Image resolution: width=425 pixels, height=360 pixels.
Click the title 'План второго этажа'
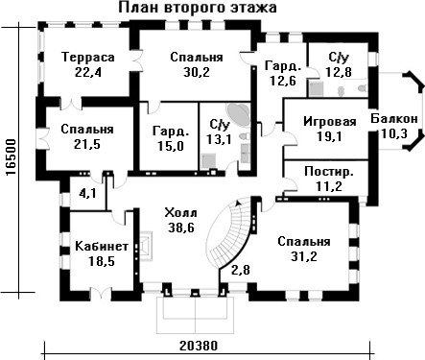point(198,8)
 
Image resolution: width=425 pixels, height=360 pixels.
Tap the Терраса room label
point(88,58)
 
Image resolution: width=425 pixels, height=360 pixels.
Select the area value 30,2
point(197,72)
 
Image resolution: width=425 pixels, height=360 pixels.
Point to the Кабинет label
point(102,247)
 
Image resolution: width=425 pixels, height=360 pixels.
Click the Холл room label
point(180,212)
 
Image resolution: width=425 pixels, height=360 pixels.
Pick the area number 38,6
point(181,228)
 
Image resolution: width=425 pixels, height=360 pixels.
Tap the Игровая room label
point(330,122)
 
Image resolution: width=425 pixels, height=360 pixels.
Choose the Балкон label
point(394,119)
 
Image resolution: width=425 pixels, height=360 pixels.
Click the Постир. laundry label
point(329,172)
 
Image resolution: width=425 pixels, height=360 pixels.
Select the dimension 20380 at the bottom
point(199,346)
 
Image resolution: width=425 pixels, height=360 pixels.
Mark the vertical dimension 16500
point(12,157)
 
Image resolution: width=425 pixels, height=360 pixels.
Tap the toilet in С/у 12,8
point(362,88)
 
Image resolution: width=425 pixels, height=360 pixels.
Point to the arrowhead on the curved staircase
point(237,203)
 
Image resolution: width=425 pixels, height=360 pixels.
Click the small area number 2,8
point(240,270)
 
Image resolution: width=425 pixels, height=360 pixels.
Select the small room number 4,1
point(87,193)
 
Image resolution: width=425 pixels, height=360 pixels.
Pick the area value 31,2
point(304,256)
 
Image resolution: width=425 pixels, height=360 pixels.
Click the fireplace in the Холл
point(145,246)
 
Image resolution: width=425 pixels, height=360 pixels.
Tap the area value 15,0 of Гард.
point(171,146)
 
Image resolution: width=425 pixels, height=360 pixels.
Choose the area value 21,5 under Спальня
point(87,144)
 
